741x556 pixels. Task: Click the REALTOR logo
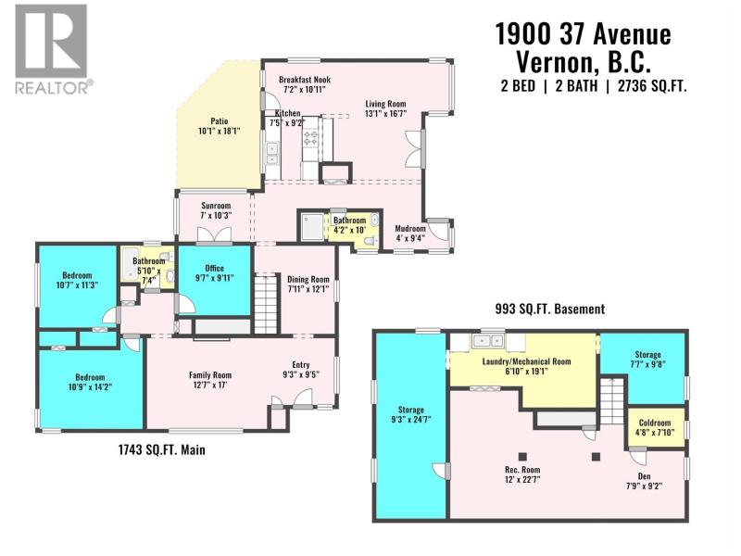pyautogui.click(x=51, y=49)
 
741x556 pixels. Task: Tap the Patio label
pyautogui.click(x=220, y=121)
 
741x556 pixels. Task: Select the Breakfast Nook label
pyautogui.click(x=305, y=80)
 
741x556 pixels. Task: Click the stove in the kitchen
pyautogui.click(x=311, y=137)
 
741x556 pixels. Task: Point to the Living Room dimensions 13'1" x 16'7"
pyautogui.click(x=385, y=113)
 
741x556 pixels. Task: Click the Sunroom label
pyautogui.click(x=216, y=206)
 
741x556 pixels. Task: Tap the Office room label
pyautogui.click(x=214, y=268)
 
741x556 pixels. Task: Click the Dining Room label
pyautogui.click(x=308, y=279)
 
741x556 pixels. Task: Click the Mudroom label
pyautogui.click(x=410, y=228)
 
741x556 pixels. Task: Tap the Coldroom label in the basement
pyautogui.click(x=655, y=423)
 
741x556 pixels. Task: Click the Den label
pyautogui.click(x=644, y=476)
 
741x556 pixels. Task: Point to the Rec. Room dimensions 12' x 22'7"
pyautogui.click(x=521, y=479)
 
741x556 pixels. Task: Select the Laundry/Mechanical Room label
pyautogui.click(x=526, y=361)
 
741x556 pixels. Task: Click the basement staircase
pyautogui.click(x=613, y=401)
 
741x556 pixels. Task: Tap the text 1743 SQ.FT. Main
pyautogui.click(x=161, y=449)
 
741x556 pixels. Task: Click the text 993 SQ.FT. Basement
pyautogui.click(x=549, y=310)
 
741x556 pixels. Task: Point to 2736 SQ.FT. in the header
pyautogui.click(x=652, y=86)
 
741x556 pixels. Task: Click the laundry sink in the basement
pyautogui.click(x=487, y=340)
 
